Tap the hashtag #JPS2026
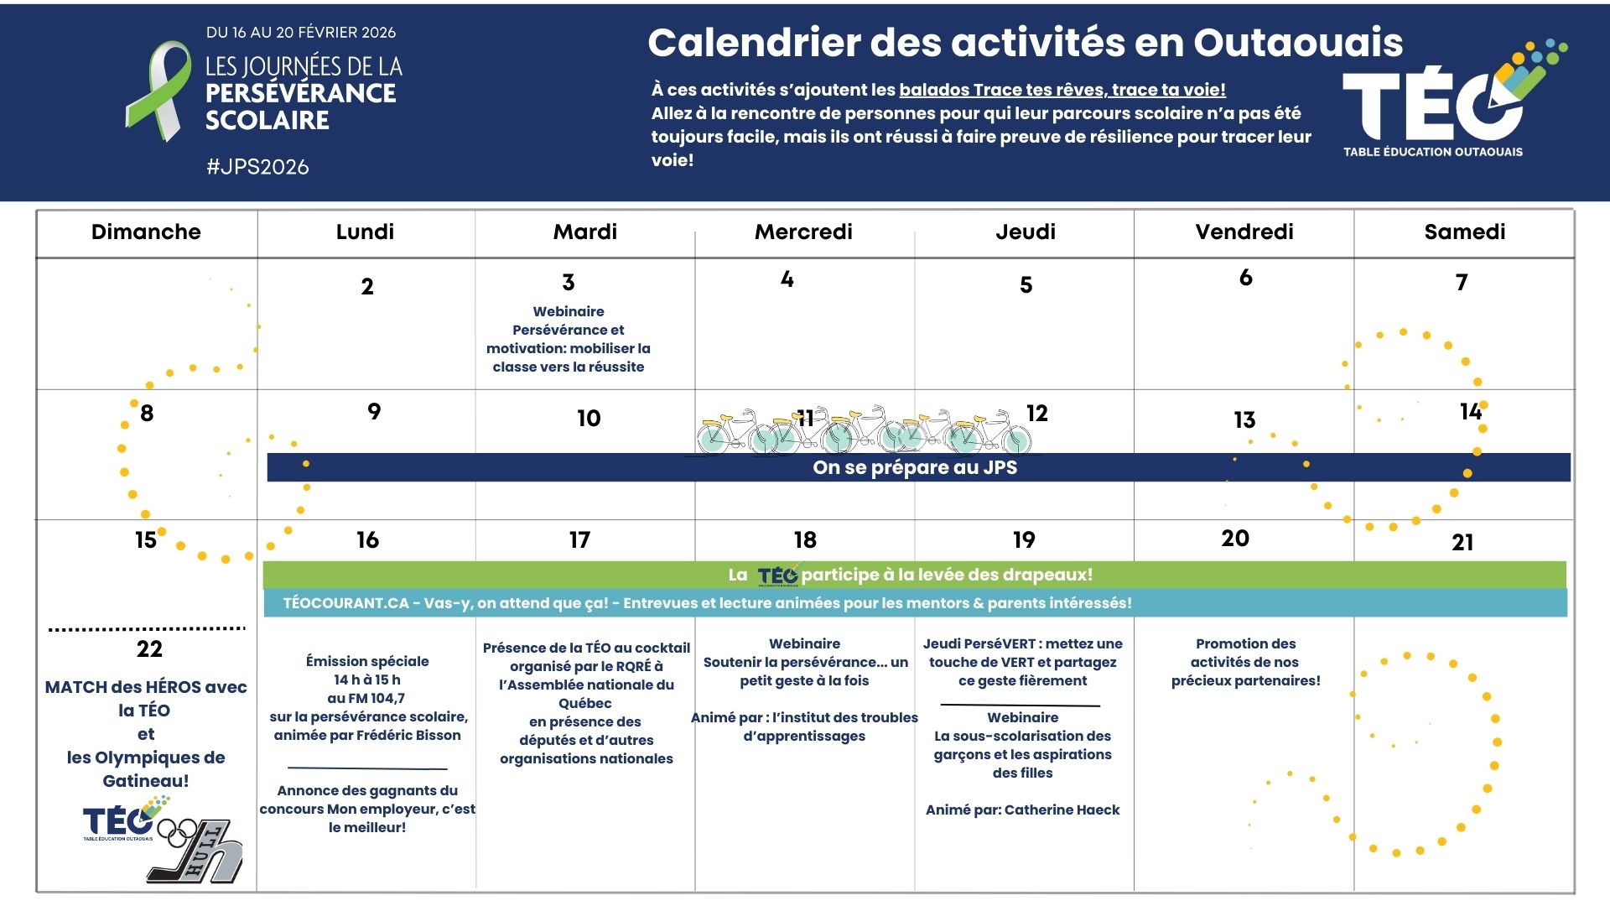pyautogui.click(x=257, y=167)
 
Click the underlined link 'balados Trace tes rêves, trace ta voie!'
pyautogui.click(x=1062, y=90)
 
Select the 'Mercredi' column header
pyautogui.click(x=803, y=232)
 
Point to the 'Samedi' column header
pyautogui.click(x=1464, y=232)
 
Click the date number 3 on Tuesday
pyautogui.click(x=569, y=283)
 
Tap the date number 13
pyautogui.click(x=1244, y=419)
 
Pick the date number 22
pyautogui.click(x=149, y=649)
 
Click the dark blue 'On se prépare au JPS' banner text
pyautogui.click(x=915, y=468)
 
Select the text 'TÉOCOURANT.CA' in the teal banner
pyautogui.click(x=345, y=603)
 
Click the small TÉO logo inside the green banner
pyautogui.click(x=778, y=575)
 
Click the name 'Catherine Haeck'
pyautogui.click(x=1062, y=810)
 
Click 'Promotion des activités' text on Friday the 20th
pyautogui.click(x=1245, y=653)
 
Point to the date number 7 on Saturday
pyautogui.click(x=1462, y=283)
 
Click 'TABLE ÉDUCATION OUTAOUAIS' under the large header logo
pyautogui.click(x=1432, y=152)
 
